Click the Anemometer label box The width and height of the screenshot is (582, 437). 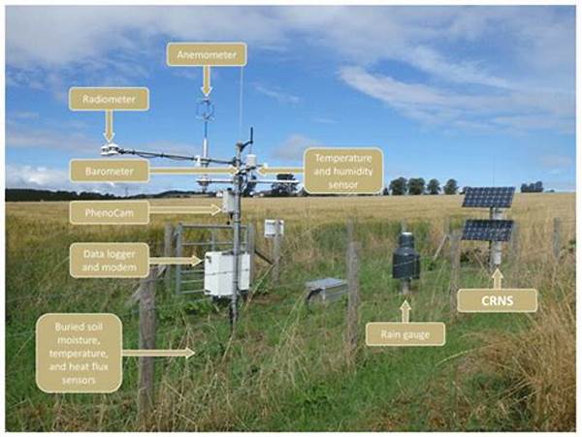[x=207, y=54]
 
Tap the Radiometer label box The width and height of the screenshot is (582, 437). [x=109, y=99]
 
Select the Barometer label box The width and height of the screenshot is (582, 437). [x=109, y=172]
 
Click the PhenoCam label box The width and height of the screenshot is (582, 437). [x=109, y=213]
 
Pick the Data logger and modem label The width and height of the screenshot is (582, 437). [x=109, y=261]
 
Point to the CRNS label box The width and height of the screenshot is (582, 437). [x=497, y=300]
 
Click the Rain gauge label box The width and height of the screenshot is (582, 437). [x=405, y=334]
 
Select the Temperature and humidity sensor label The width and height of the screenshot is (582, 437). [x=343, y=171]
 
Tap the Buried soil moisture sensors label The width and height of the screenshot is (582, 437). [x=79, y=353]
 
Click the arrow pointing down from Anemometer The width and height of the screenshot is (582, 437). [x=207, y=81]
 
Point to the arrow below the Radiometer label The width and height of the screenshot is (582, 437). [x=109, y=126]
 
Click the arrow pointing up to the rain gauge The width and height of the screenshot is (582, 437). [x=405, y=311]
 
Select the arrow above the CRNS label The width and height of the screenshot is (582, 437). [x=498, y=279]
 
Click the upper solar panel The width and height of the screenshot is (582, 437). [x=489, y=198]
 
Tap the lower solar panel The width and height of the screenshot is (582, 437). [x=487, y=231]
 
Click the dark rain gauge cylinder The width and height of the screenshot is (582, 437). [x=406, y=257]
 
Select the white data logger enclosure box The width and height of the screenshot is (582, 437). [x=227, y=273]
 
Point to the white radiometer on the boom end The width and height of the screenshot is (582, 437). [x=110, y=149]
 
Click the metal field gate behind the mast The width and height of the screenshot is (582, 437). [x=208, y=256]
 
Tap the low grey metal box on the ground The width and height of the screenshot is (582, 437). [x=326, y=289]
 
